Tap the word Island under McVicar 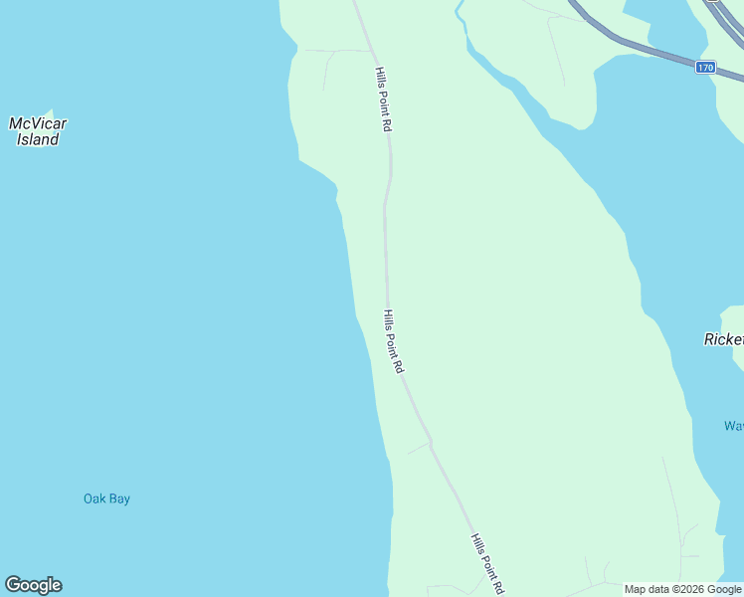tap(38, 140)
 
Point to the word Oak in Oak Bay tap(94, 498)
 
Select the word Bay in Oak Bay tap(119, 498)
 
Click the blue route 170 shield tap(704, 68)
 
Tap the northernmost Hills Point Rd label tap(384, 99)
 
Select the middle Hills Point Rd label tap(393, 340)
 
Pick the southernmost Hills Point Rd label tap(486, 563)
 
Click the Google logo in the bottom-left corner tap(33, 585)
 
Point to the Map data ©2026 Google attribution tap(681, 589)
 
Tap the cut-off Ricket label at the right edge tap(723, 339)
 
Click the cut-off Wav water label tap(734, 426)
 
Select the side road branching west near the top tap(333, 51)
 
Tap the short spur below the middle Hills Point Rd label tap(418, 448)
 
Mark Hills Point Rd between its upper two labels tap(385, 219)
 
